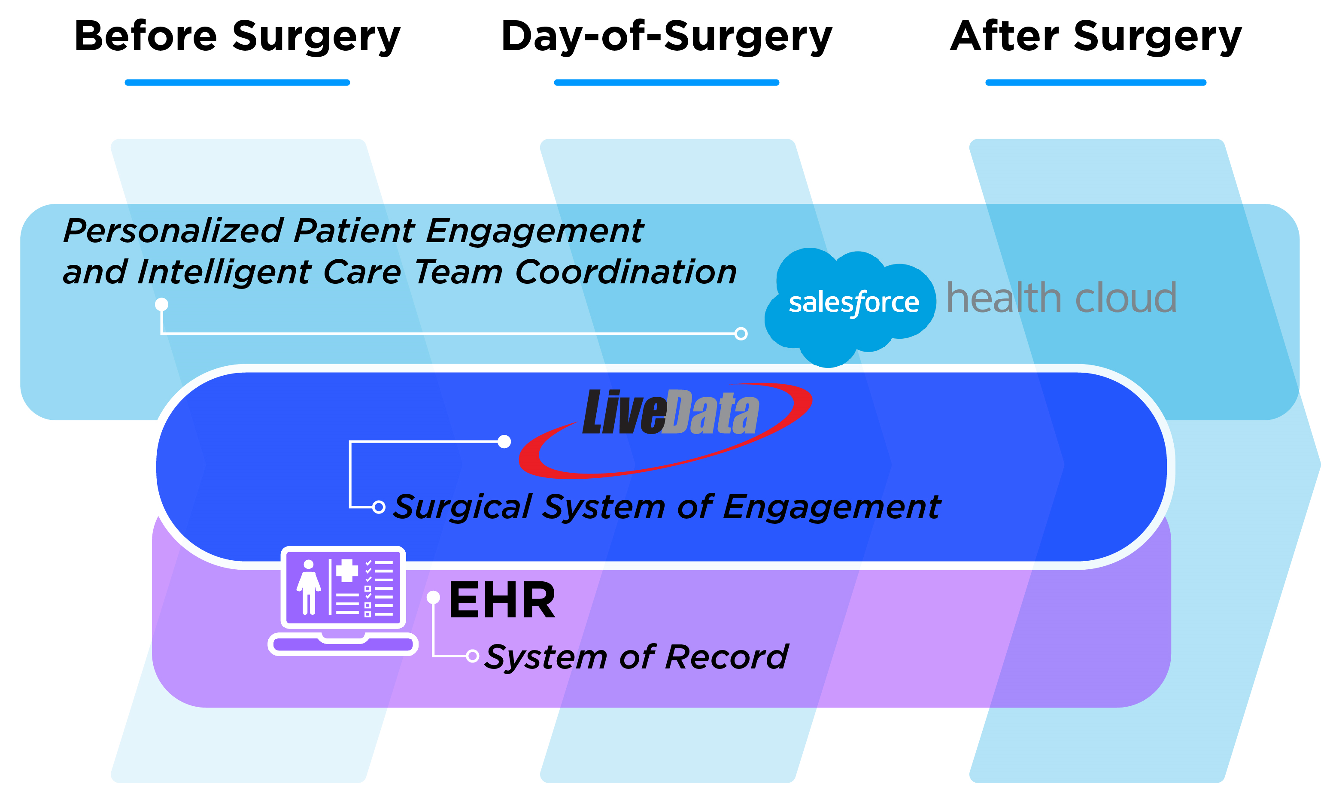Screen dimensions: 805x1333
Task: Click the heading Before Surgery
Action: [237, 37]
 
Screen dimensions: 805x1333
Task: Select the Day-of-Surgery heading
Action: [666, 37]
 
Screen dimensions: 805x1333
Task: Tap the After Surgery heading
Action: [1096, 37]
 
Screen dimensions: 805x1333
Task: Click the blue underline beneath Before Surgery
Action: [237, 83]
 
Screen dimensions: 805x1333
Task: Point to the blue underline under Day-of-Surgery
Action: [666, 83]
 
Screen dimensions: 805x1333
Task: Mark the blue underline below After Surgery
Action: [1096, 83]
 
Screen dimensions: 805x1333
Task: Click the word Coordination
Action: [626, 272]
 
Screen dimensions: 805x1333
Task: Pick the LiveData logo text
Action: [671, 414]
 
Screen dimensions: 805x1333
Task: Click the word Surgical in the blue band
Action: [462, 507]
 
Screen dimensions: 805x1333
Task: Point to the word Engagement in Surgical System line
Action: [832, 507]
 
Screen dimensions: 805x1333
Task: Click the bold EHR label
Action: [501, 601]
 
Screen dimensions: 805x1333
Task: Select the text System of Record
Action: [636, 657]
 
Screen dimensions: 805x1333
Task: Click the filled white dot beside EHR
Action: [433, 597]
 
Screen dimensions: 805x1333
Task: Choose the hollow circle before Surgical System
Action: [379, 507]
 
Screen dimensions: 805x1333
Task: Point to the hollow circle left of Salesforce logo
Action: [741, 334]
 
